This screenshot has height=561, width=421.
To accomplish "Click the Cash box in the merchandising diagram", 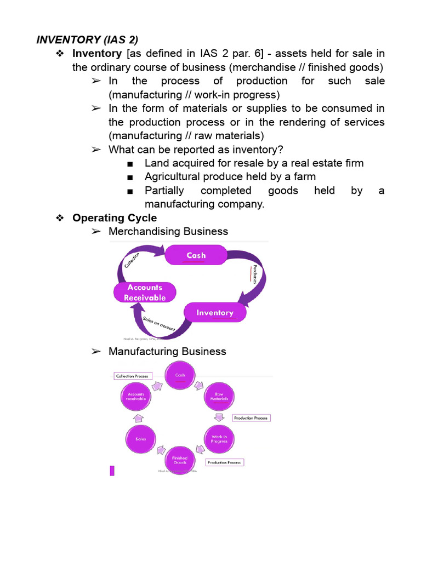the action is pos(196,255).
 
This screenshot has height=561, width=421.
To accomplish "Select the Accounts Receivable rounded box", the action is pos(145,293).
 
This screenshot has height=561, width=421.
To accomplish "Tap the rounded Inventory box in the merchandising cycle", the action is pos(215,313).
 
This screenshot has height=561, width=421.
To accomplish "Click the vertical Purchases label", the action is pos(255,275).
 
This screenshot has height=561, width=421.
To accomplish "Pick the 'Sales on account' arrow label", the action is pos(158,324).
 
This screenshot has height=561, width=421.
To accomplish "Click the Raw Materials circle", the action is pos(219,397).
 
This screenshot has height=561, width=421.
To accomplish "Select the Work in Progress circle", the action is pos(219,439).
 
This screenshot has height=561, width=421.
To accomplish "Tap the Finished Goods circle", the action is pos(180,460).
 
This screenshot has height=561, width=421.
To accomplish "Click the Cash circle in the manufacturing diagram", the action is pos(180,376).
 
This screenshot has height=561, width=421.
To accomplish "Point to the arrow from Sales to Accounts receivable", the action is pos(138,417).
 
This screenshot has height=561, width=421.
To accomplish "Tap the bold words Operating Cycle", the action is pos(115,218).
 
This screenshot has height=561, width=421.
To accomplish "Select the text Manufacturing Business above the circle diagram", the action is pos(167,351).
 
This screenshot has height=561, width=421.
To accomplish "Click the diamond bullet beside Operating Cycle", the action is pos(61,218).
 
